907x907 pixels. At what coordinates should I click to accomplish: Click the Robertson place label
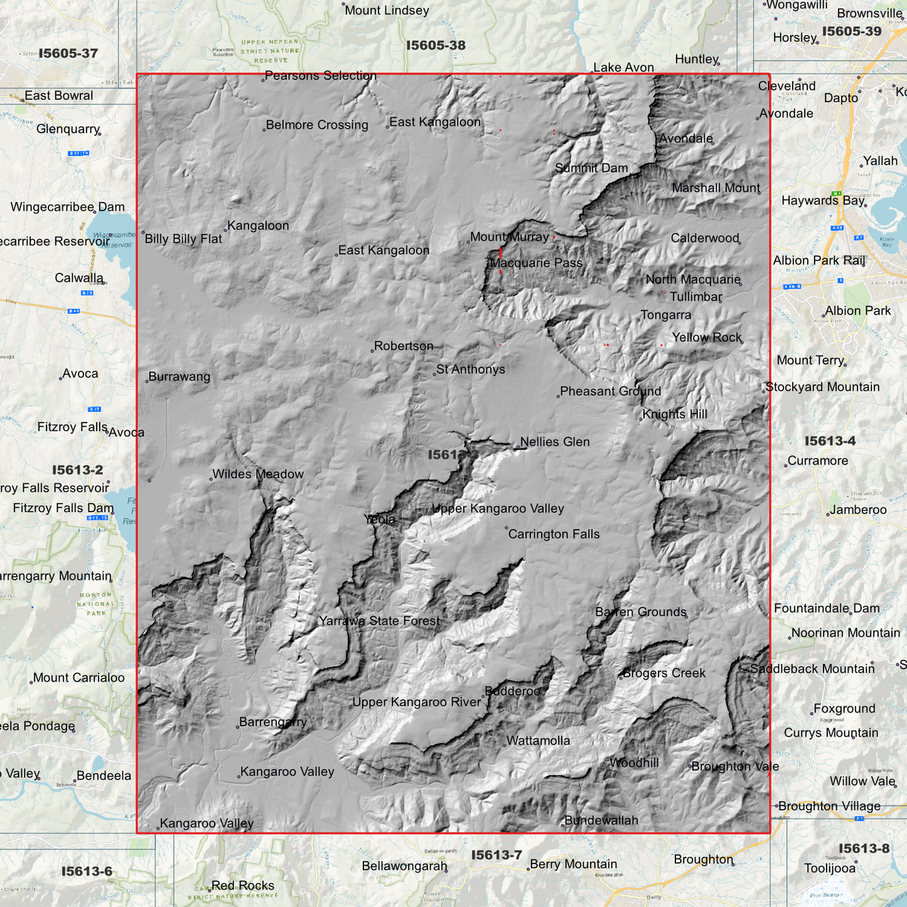pyautogui.click(x=404, y=346)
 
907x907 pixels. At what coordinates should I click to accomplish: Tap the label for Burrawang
pyautogui.click(x=180, y=377)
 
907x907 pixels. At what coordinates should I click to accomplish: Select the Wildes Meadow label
pyautogui.click(x=258, y=474)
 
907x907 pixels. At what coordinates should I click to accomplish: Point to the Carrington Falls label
pyautogui.click(x=554, y=534)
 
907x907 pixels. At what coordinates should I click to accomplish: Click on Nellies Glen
pyautogui.click(x=555, y=442)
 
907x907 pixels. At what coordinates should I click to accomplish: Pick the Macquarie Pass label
pyautogui.click(x=536, y=263)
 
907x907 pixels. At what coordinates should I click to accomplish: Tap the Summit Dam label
pyautogui.click(x=591, y=168)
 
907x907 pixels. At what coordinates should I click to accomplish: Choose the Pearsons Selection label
pyautogui.click(x=321, y=75)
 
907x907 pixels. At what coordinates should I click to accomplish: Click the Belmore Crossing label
pyautogui.click(x=317, y=125)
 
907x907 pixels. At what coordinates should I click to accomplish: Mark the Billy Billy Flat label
pyautogui.click(x=183, y=239)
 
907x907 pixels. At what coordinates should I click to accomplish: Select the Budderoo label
pyautogui.click(x=513, y=691)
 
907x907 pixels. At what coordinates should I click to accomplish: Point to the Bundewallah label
pyautogui.click(x=601, y=820)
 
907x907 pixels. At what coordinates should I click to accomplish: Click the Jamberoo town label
pyautogui.click(x=858, y=510)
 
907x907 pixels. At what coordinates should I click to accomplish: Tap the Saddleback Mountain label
pyautogui.click(x=812, y=669)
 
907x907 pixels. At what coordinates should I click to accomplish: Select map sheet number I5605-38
pyautogui.click(x=436, y=45)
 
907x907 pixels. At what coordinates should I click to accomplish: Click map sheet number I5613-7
pyautogui.click(x=496, y=855)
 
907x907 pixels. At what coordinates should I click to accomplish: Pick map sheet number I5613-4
pyautogui.click(x=830, y=441)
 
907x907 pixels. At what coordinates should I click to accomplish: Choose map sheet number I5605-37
pyautogui.click(x=68, y=53)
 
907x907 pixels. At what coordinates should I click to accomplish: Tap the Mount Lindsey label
pyautogui.click(x=387, y=11)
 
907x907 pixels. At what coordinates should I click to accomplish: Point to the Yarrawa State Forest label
pyautogui.click(x=380, y=621)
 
